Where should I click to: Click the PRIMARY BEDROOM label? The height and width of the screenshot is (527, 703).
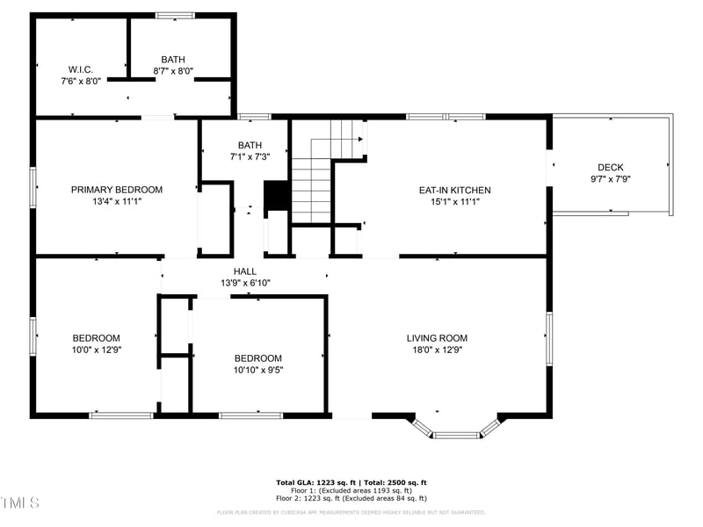[117, 190]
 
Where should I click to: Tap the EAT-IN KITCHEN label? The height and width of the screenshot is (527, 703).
[454, 190]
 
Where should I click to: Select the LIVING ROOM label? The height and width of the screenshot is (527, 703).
[437, 338]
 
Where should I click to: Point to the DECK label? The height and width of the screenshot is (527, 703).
[610, 167]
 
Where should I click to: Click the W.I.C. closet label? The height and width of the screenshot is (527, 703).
[81, 69]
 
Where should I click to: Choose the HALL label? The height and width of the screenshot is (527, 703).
[245, 271]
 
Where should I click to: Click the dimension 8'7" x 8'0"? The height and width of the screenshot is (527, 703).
[173, 71]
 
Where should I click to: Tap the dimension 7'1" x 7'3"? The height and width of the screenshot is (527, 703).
[250, 156]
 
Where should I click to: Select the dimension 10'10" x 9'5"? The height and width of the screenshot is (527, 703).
[258, 370]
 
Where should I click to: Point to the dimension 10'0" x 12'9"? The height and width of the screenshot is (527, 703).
[97, 350]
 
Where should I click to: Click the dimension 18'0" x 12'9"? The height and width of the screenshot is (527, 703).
[437, 350]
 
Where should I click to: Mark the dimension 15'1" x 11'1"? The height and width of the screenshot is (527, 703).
[454, 201]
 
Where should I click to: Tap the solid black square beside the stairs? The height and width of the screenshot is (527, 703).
[277, 195]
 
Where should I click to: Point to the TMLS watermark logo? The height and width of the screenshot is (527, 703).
[20, 502]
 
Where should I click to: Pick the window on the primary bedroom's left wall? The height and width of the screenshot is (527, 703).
[33, 187]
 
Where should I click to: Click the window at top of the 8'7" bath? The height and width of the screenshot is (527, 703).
[175, 15]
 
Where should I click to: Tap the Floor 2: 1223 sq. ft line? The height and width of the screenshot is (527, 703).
[351, 498]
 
